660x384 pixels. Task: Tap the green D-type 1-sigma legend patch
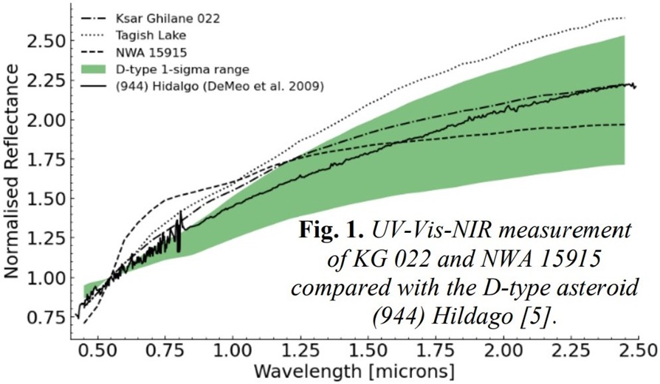(x=94, y=70)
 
